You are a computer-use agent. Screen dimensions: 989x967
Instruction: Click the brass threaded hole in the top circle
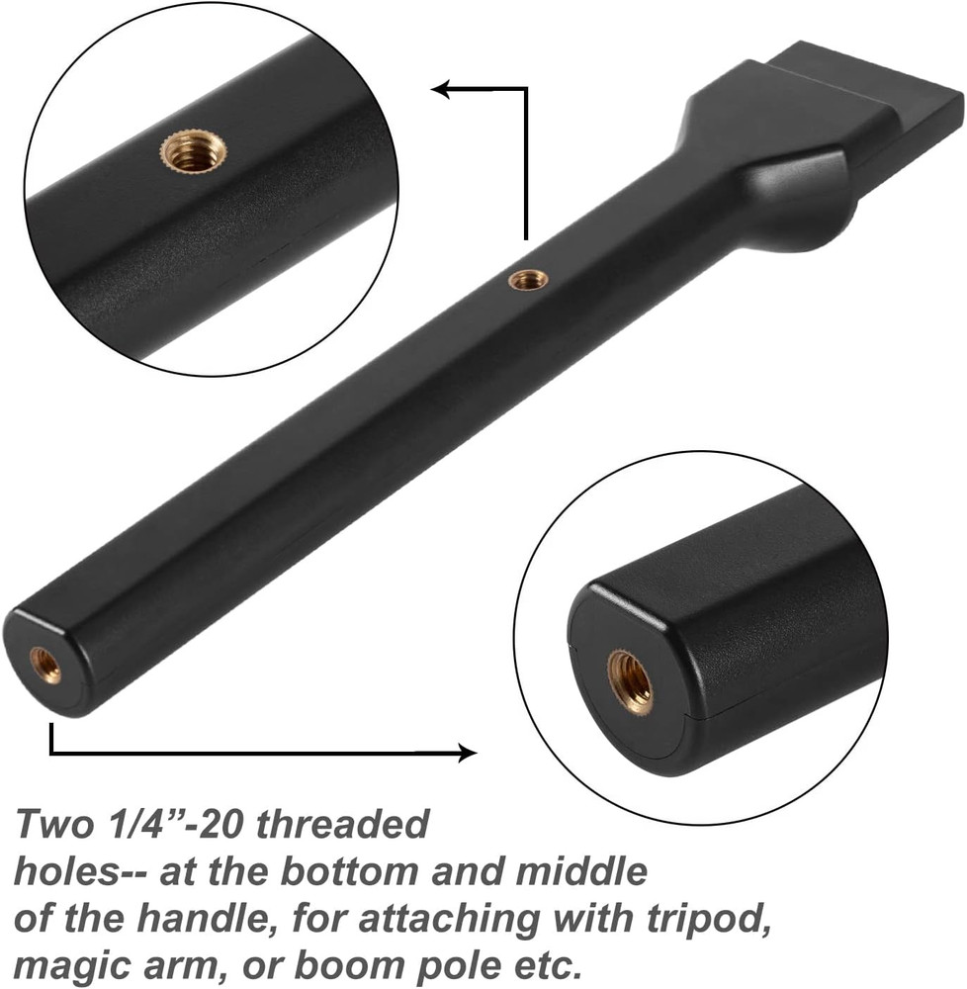[x=194, y=151]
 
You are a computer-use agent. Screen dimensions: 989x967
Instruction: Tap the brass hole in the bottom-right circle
[x=629, y=681]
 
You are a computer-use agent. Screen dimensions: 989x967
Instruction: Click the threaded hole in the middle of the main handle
[x=529, y=281]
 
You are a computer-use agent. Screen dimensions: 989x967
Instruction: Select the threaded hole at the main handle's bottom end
[x=44, y=666]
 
